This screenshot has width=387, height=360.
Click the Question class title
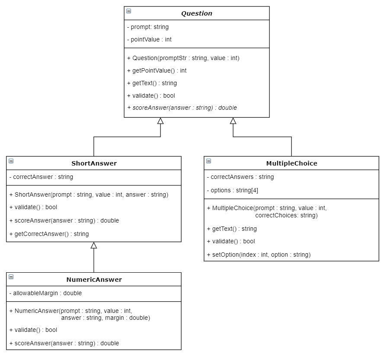point(197,13)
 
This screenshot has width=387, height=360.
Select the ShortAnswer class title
point(94,163)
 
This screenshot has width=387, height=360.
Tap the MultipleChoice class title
point(291,163)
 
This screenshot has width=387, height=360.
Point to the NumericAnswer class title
point(94,280)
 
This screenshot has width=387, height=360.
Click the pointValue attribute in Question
point(149,39)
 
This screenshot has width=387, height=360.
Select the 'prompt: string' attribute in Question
point(147,27)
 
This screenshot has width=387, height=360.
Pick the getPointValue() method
point(157,70)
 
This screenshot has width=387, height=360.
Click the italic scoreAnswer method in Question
point(182,108)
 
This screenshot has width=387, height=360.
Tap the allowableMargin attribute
point(45,293)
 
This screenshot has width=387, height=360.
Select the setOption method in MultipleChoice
point(259,255)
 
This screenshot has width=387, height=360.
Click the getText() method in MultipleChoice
point(232,229)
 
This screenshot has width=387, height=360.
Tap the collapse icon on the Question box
point(129,11)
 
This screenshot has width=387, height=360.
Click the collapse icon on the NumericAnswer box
point(11,277)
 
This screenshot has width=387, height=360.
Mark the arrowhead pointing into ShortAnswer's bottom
point(94,245)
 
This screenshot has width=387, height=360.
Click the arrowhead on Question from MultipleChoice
point(233,121)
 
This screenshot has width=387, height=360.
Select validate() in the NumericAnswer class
point(33,330)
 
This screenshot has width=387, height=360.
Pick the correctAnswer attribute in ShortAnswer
point(41,177)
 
